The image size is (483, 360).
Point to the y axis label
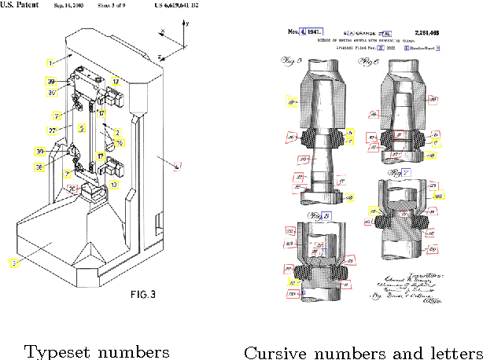pos(188,24)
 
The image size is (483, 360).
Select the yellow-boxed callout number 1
pos(50,61)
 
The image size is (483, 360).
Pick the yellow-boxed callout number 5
pos(81,127)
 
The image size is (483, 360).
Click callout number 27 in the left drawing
pos(53,130)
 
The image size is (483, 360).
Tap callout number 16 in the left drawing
pos(120,142)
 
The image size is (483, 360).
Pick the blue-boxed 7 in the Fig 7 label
pos(406,172)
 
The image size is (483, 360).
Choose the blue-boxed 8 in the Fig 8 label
pos(324,215)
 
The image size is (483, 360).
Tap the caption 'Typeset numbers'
pos(97,351)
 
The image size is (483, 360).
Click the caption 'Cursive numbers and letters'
pos(363,351)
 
